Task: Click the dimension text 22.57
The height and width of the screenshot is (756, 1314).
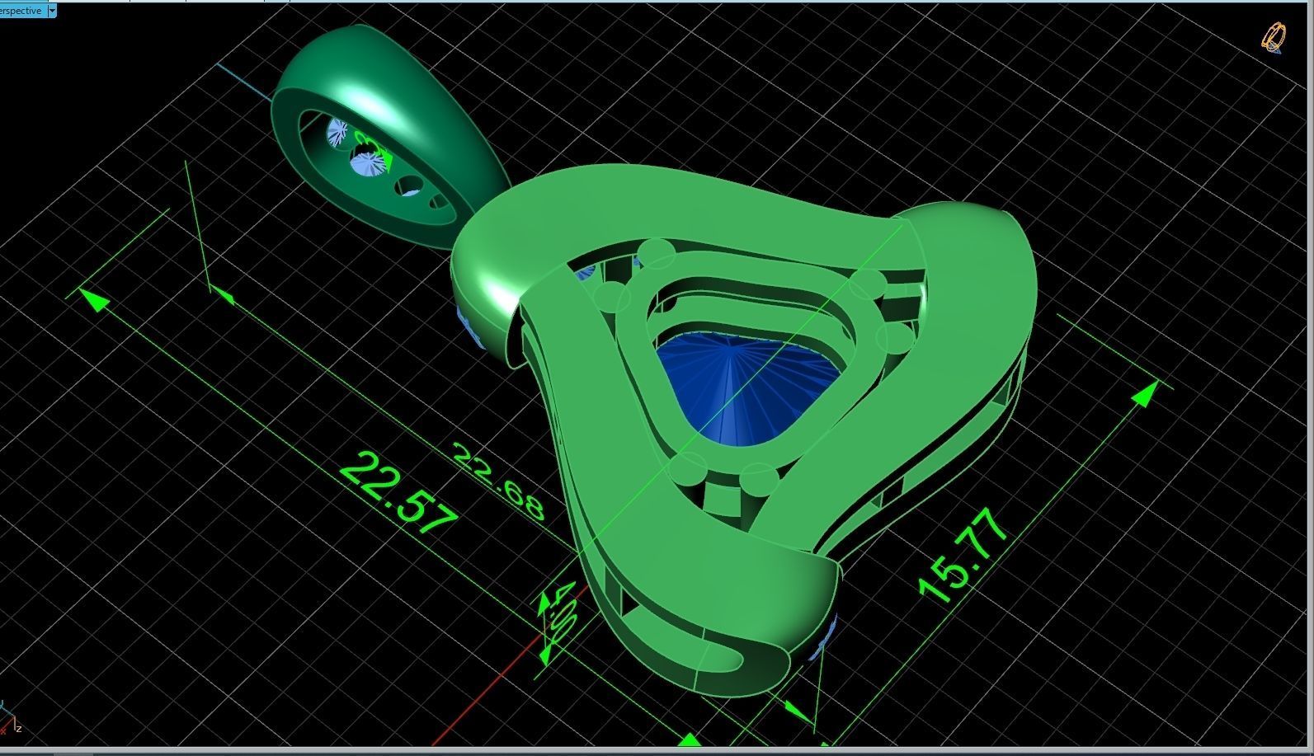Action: tap(398, 493)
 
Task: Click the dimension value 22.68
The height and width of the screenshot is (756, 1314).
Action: tap(499, 482)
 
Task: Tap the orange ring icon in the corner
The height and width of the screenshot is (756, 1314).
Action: tap(1273, 37)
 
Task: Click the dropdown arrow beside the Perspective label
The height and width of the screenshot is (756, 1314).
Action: tap(52, 11)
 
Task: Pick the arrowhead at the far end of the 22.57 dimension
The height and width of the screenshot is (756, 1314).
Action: tap(96, 300)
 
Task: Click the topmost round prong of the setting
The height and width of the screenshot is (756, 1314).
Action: tap(656, 252)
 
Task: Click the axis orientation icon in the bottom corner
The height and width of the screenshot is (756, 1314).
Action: tap(10, 721)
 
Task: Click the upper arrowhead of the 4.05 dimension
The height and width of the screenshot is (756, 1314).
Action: tap(544, 606)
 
